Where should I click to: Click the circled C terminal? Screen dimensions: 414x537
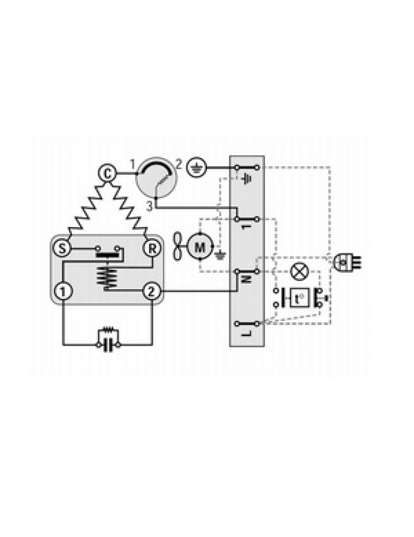108,174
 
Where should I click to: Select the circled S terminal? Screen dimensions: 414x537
62,249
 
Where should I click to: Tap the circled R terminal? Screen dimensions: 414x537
152,249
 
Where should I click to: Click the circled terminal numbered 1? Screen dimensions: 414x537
63,292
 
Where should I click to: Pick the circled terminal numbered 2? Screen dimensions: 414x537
151,291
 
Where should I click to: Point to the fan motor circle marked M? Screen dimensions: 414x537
200,246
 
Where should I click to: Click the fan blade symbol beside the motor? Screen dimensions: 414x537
179,247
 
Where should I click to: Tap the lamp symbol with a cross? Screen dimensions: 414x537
299,271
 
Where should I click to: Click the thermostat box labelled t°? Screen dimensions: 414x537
300,298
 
